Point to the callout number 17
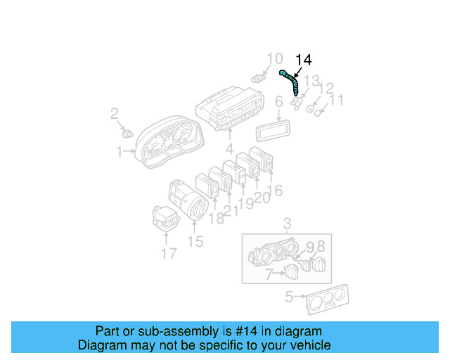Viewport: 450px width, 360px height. pos(168,253)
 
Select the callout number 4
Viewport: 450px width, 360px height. pos(229,148)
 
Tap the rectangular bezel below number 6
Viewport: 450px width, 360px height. pos(274,131)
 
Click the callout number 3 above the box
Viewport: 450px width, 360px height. pos(287,224)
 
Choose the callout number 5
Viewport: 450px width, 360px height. pos(288,297)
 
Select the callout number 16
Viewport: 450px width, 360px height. pos(276,190)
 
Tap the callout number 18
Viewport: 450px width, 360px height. pos(217,218)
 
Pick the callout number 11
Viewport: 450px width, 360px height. pos(337,100)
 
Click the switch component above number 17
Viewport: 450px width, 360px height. pos(165,217)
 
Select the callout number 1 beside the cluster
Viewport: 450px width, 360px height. pos(120,150)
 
